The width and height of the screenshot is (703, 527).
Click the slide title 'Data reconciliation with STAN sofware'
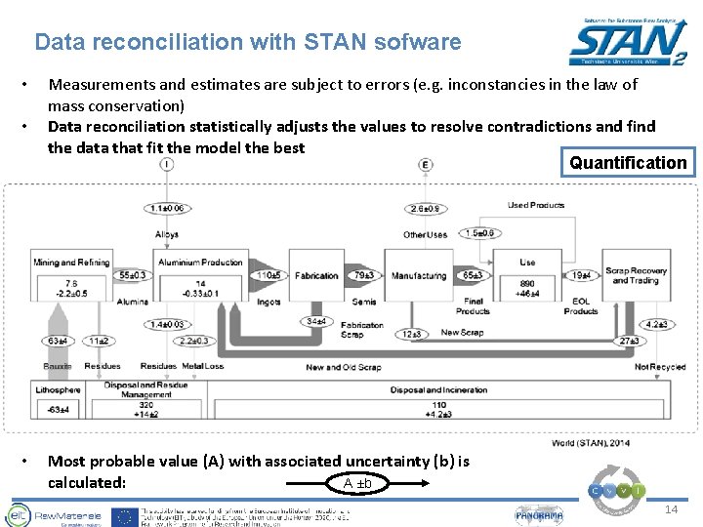(247, 42)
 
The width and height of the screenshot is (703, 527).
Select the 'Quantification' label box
(628, 163)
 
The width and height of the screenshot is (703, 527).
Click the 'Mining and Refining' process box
(71, 263)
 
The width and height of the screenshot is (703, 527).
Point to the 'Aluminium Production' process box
(199, 263)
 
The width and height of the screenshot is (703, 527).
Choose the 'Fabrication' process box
(316, 276)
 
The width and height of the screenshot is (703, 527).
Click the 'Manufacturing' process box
(418, 276)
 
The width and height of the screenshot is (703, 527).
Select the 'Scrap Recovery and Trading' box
(636, 275)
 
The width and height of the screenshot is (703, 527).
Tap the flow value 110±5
(269, 275)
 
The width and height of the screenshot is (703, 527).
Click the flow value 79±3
(364, 276)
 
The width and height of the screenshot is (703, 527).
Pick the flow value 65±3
(473, 276)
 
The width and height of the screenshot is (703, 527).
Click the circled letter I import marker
(167, 165)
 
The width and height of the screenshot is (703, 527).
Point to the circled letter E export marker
(426, 165)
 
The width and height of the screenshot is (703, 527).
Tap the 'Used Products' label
(535, 205)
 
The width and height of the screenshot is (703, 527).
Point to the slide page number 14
(670, 510)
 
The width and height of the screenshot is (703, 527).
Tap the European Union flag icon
(124, 516)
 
